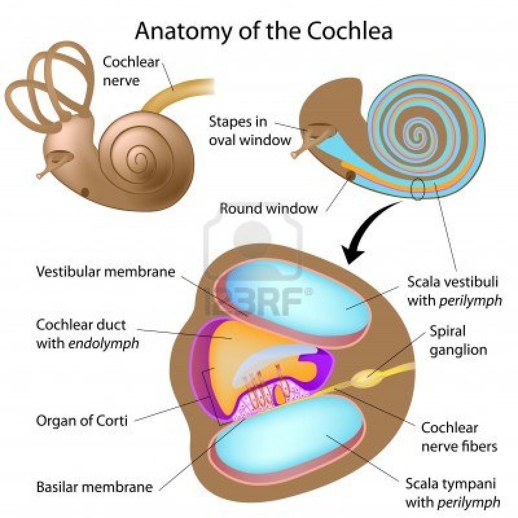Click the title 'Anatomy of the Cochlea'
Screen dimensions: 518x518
tap(264, 32)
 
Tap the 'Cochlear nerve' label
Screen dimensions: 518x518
tap(131, 72)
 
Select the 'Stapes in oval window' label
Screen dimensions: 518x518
tap(250, 131)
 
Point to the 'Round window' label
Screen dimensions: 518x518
tap(268, 208)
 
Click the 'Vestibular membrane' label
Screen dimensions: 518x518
tap(105, 272)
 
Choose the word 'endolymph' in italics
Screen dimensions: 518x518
tap(104, 344)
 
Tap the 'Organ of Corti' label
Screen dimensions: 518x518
tap(82, 420)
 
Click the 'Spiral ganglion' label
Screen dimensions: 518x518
tap(458, 341)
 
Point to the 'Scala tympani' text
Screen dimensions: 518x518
tap(450, 484)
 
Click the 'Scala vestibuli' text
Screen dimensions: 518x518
tap(453, 282)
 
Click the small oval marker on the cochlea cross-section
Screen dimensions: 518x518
tap(417, 189)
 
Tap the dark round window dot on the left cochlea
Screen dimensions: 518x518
tap(85, 192)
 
